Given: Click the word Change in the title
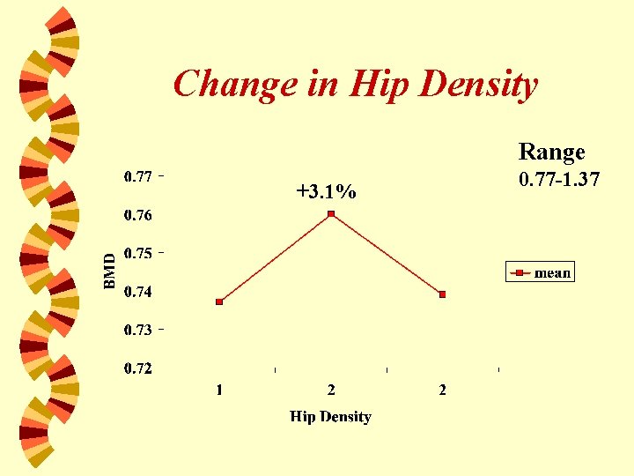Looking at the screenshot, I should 224,86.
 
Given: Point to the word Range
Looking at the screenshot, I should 551,152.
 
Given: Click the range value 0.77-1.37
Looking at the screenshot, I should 559,180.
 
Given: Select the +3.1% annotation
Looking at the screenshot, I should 327,191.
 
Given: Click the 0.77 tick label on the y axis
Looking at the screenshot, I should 137,176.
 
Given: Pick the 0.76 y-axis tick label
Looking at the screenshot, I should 137,215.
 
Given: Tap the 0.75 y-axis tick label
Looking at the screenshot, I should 137,253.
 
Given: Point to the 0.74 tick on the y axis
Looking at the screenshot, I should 137,292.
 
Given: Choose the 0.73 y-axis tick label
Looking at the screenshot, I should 137,330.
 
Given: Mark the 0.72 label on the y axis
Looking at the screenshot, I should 137,368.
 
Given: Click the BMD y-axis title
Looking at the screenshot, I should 109,271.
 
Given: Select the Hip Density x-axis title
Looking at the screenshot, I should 331,417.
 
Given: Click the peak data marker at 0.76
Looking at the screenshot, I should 331,214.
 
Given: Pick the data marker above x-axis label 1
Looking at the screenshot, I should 219,301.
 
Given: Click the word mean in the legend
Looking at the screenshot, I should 552,273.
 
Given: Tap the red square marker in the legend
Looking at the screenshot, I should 520,273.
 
